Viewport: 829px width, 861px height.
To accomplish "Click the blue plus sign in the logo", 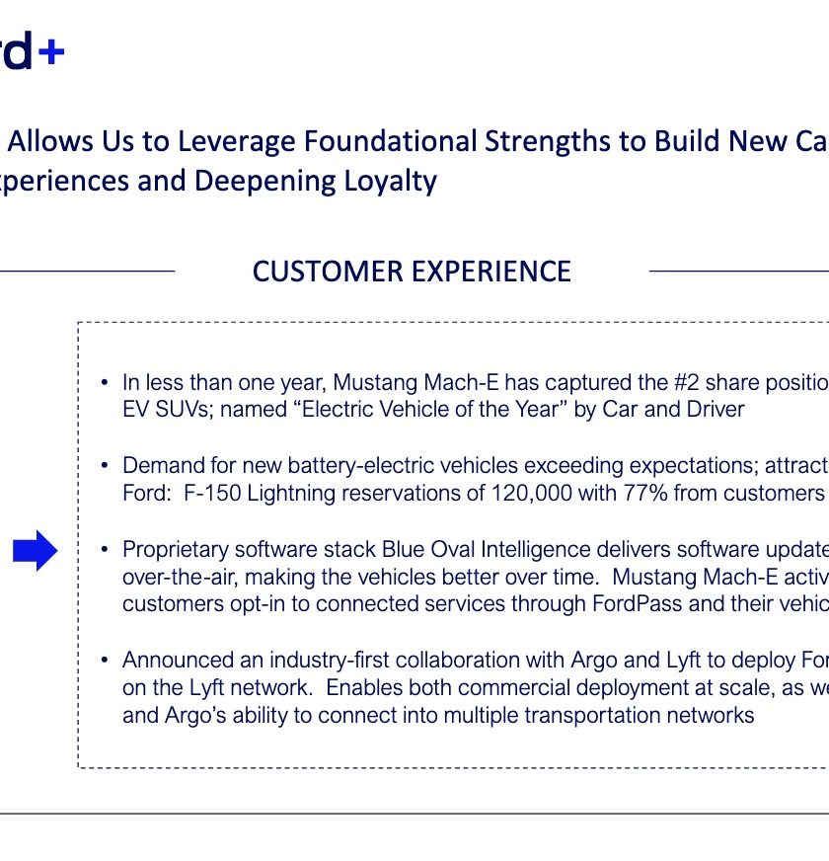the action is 51,52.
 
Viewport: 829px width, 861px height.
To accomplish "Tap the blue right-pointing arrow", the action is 36,550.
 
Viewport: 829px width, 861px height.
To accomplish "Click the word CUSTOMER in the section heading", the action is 328,272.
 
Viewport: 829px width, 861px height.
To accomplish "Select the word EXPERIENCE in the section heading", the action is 491,272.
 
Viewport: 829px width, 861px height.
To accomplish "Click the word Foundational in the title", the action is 391,140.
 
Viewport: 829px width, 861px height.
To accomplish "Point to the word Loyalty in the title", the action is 391,182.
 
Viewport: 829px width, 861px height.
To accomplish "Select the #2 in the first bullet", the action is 686,382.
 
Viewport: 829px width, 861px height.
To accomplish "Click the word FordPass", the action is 637,604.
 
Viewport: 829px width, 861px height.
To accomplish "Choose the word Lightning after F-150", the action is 291,494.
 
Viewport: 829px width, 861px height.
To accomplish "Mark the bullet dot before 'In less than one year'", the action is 105,382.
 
